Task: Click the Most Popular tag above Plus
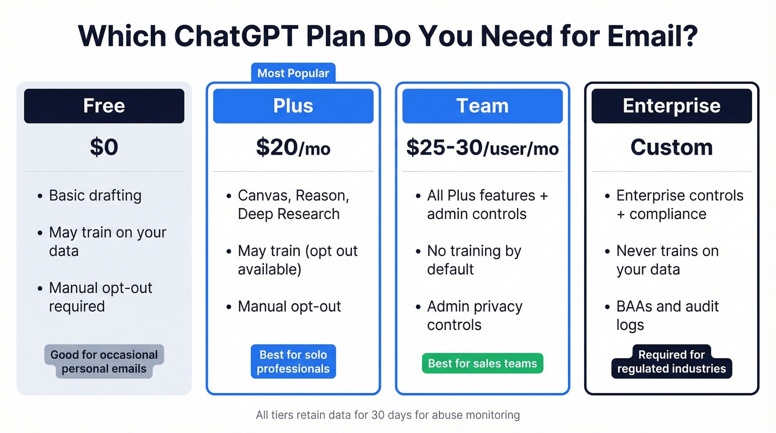(x=293, y=73)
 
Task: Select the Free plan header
(x=104, y=106)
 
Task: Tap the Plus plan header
(x=293, y=106)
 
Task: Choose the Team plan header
(x=482, y=106)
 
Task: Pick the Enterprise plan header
(x=672, y=106)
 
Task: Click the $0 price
(x=104, y=147)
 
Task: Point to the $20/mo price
(x=293, y=147)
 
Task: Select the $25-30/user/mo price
(x=482, y=147)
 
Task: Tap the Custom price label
(x=672, y=147)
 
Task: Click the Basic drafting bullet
(x=95, y=196)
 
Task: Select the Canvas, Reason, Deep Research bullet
(x=293, y=205)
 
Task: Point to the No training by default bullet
(x=474, y=260)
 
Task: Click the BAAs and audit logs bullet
(x=667, y=315)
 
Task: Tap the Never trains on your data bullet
(x=667, y=260)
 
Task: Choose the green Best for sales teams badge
(x=482, y=364)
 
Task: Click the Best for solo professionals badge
(x=293, y=362)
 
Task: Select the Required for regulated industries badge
(x=672, y=362)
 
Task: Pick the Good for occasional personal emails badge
(x=104, y=362)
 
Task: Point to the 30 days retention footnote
(x=388, y=415)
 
